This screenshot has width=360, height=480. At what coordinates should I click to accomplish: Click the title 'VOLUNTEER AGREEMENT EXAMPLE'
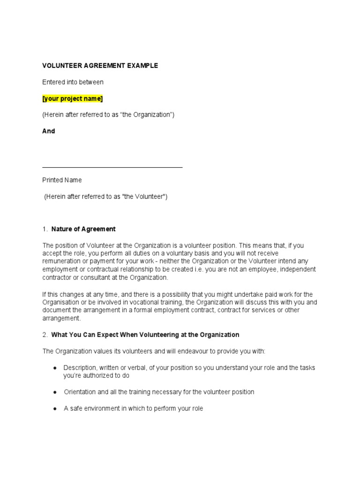[100, 66]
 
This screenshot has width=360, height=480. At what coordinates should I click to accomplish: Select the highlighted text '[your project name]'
[72, 98]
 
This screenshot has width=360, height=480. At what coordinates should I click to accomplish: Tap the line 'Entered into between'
[73, 82]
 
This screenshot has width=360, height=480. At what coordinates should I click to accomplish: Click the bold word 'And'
[49, 131]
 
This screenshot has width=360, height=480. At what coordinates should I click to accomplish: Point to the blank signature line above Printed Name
[112, 167]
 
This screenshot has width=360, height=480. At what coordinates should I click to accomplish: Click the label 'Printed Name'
[62, 180]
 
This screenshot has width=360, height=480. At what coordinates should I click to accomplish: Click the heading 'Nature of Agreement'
[83, 229]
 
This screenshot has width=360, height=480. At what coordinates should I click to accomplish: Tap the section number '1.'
[45, 229]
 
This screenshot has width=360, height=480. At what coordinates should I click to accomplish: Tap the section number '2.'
[45, 335]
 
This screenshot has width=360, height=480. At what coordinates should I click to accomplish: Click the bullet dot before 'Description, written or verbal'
[55, 368]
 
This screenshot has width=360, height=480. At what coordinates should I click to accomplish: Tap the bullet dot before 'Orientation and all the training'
[55, 392]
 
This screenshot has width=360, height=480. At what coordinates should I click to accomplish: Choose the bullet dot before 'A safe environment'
[55, 409]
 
